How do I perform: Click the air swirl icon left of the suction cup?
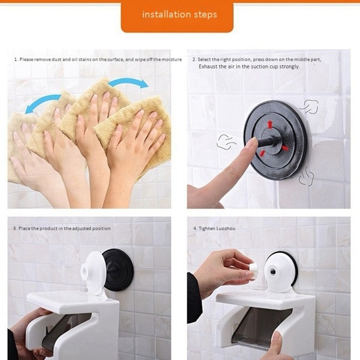coord(226,142)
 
